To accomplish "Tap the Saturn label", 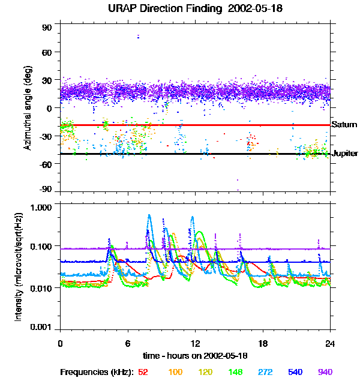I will (x=344, y=125).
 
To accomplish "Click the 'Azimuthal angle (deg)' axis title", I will (x=27, y=108).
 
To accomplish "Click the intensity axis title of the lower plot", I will (x=19, y=266).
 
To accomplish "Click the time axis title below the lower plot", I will (x=196, y=356).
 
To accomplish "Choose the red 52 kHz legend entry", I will (x=143, y=372).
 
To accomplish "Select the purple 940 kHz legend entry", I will (x=325, y=372).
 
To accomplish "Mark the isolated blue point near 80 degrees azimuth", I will (x=139, y=37).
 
